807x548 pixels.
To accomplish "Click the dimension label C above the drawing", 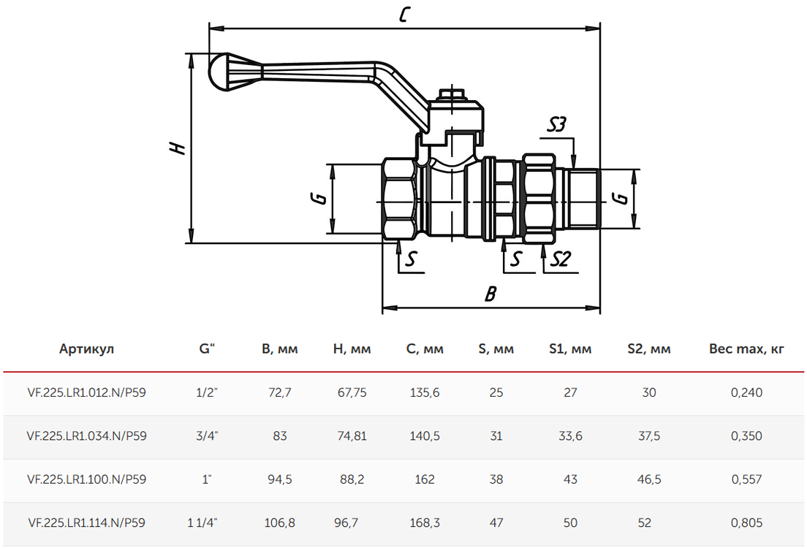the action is [404, 14].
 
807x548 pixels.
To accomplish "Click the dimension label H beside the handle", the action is [178, 147].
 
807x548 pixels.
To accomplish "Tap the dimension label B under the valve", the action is [490, 294].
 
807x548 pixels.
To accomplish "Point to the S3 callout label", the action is [556, 124].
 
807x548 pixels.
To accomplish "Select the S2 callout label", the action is [561, 259].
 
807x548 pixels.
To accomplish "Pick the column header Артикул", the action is [86, 349].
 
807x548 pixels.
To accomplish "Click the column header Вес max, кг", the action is [746, 349].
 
